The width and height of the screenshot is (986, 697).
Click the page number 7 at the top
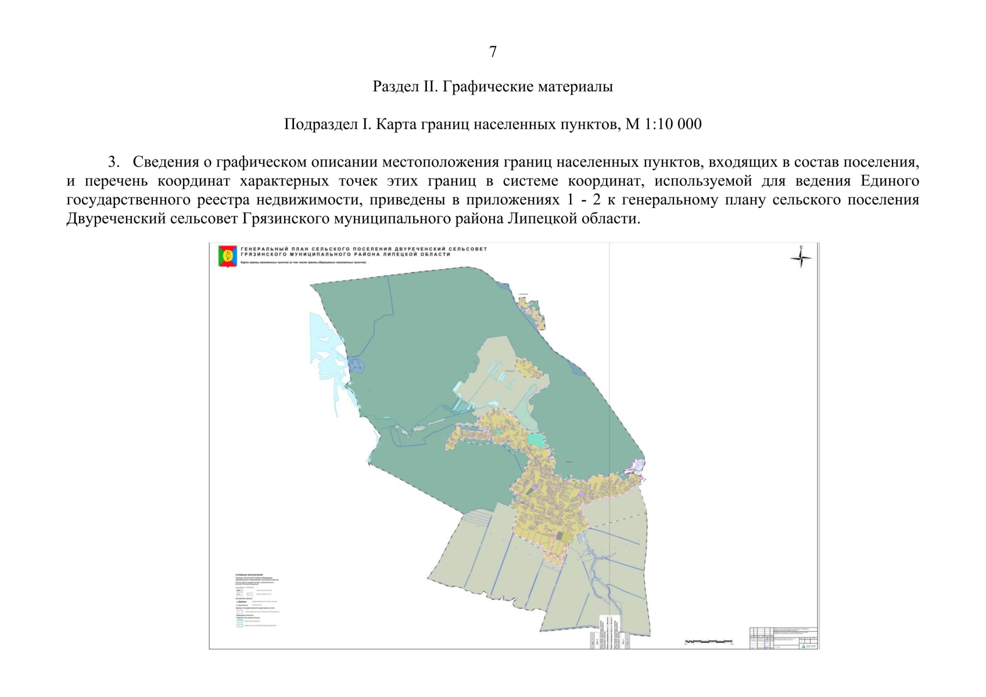coord(493,52)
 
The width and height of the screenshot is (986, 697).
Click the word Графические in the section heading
coord(489,87)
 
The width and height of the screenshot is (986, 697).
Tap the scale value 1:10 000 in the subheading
coord(673,124)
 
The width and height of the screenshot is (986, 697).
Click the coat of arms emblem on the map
coord(227,256)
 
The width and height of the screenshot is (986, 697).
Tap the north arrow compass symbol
coord(801,257)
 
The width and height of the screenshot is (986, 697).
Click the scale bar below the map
coord(708,642)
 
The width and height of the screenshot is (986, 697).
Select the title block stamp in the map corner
coord(784,638)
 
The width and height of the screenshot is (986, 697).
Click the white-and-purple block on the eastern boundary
coord(637,466)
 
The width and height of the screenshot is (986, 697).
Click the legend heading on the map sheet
coord(249,574)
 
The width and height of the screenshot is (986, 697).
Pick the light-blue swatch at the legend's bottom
coord(239,626)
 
